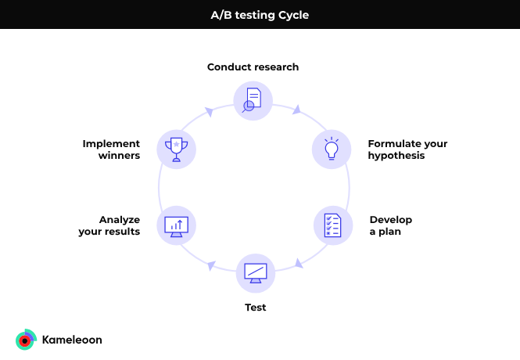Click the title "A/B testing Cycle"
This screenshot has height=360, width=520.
click(260, 16)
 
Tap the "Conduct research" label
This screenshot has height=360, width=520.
click(253, 67)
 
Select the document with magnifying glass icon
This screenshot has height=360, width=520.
click(252, 100)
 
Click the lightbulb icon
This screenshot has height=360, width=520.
click(332, 149)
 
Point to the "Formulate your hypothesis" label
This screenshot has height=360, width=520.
click(407, 149)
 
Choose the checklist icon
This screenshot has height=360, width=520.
click(332, 225)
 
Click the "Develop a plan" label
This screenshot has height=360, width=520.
click(391, 225)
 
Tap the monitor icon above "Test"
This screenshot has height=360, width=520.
click(256, 273)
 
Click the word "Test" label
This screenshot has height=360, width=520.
click(256, 308)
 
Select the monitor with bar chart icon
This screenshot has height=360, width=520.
click(177, 227)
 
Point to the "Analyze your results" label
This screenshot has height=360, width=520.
click(109, 225)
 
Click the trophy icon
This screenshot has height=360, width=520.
click(177, 149)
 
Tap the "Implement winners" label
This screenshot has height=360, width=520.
click(111, 149)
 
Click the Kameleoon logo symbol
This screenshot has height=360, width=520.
click(26, 340)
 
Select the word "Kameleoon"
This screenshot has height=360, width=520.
click(72, 340)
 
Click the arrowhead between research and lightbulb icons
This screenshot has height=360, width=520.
click(297, 110)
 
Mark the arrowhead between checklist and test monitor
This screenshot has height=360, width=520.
click(299, 264)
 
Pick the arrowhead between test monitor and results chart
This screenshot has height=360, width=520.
click(211, 265)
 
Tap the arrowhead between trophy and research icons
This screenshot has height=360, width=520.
click(209, 112)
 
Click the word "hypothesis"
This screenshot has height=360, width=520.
click(396, 156)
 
